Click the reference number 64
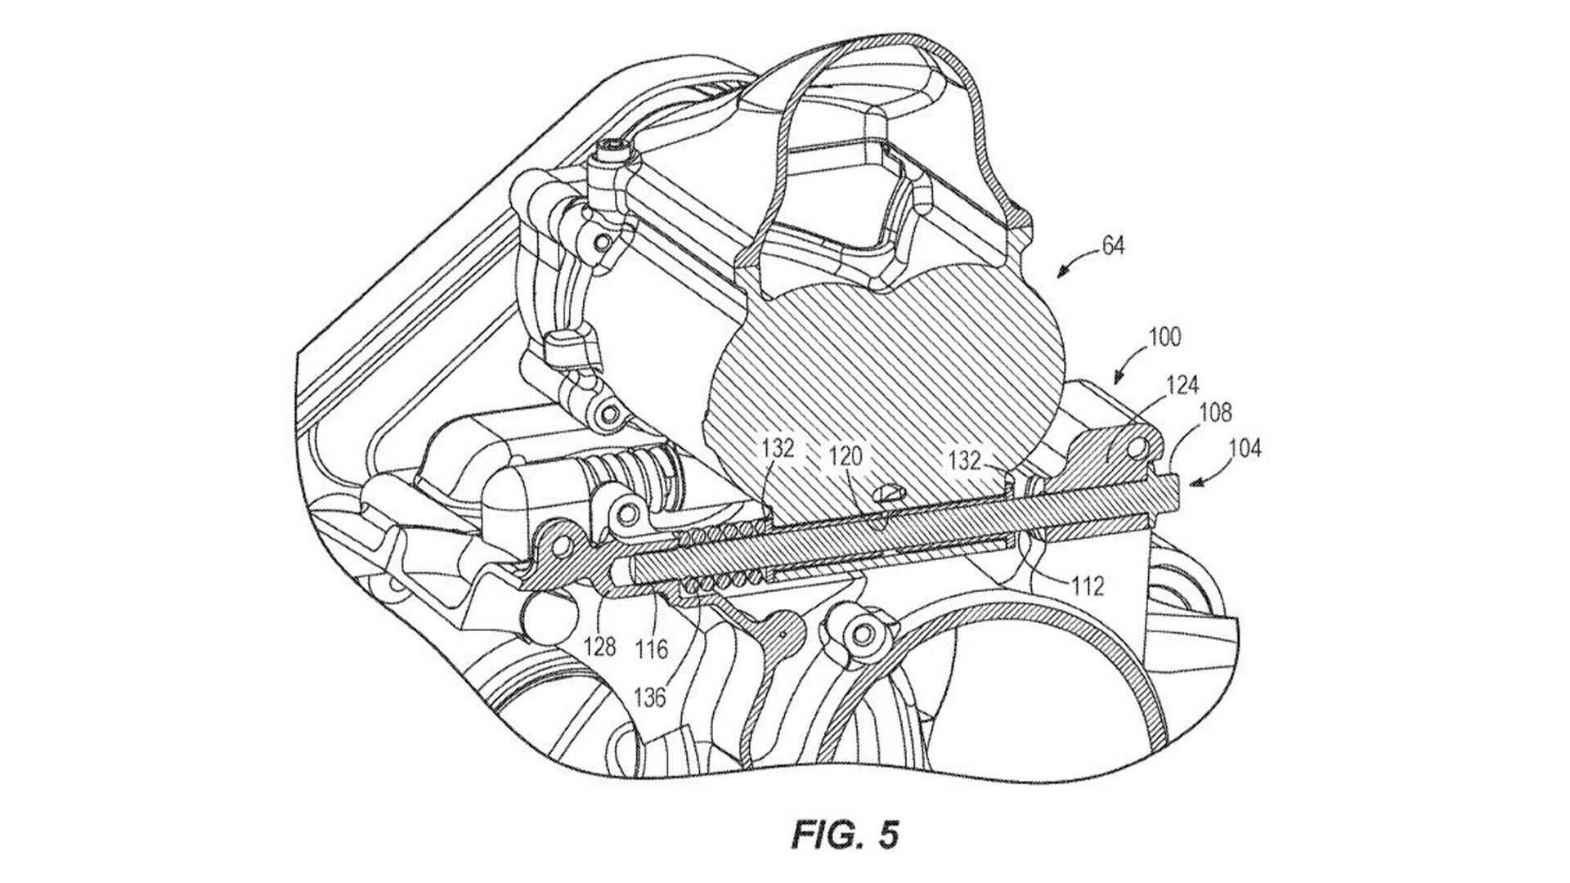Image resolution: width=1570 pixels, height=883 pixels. point(1113,245)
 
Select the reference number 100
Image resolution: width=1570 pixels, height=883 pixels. point(1164,338)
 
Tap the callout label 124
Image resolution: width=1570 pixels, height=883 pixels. point(1182,385)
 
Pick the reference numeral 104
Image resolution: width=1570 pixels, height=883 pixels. point(1245,448)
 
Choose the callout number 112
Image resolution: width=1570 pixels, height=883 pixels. point(1088,586)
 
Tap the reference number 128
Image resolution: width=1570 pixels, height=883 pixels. point(599,648)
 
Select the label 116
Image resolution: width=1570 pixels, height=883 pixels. point(652,650)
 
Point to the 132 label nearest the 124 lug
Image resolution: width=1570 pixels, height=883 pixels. point(964,459)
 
